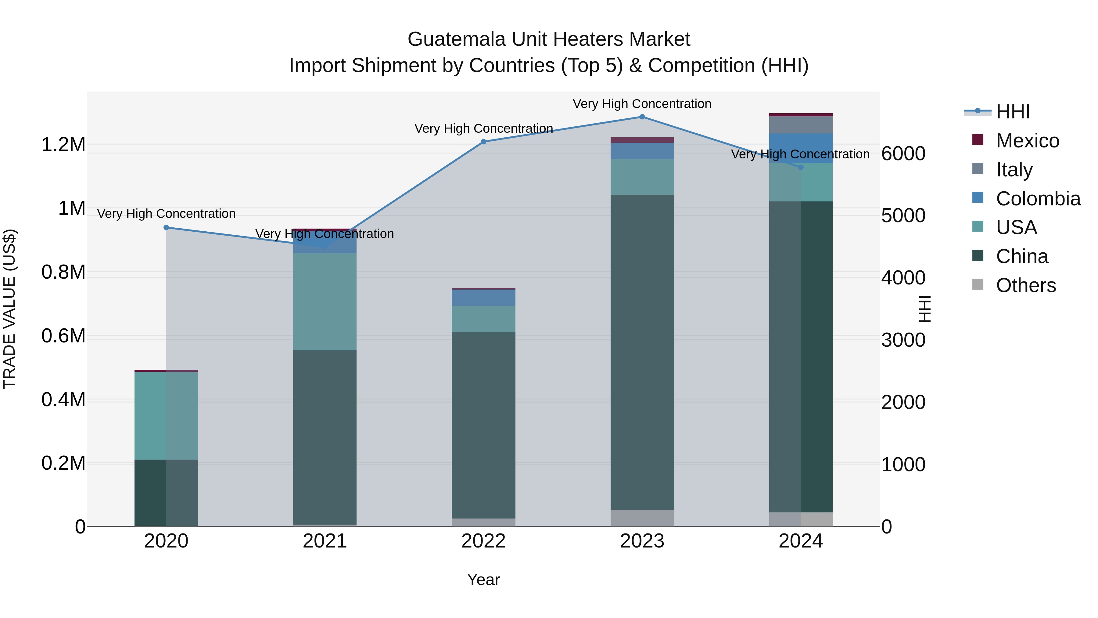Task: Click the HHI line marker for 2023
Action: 642,117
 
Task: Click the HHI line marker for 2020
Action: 166,228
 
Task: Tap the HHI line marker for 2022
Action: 483,142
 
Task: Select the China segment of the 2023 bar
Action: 642,352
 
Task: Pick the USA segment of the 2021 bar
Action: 325,302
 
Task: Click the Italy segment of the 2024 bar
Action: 801,125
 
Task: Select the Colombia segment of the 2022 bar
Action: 483,298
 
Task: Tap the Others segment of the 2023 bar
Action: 642,518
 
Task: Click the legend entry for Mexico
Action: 1027,141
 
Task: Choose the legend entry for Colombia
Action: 1038,199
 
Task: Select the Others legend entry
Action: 1025,285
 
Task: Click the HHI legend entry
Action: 1013,112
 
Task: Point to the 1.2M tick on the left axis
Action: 63,145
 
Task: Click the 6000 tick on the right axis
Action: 903,154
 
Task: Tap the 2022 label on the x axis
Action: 483,541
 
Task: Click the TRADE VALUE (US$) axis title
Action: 9,309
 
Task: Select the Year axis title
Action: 483,580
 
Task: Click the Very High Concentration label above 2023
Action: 642,104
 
